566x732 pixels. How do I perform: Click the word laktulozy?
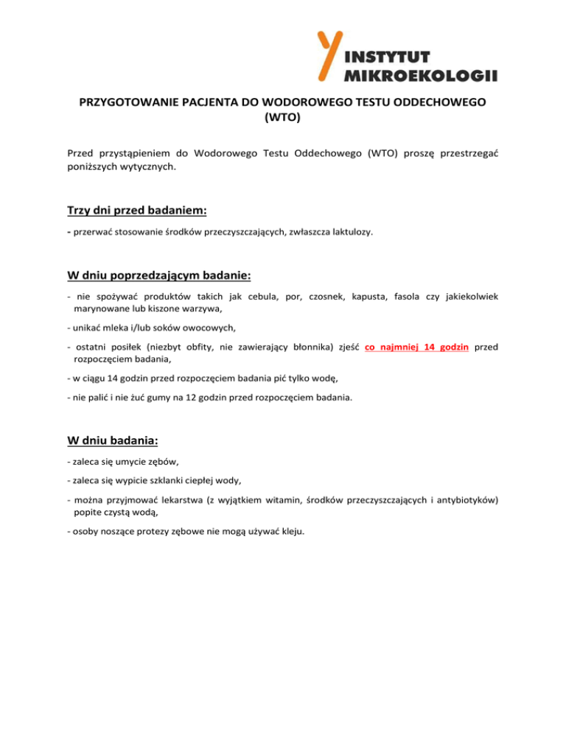[351, 232]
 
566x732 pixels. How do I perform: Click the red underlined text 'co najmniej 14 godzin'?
[417, 348]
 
